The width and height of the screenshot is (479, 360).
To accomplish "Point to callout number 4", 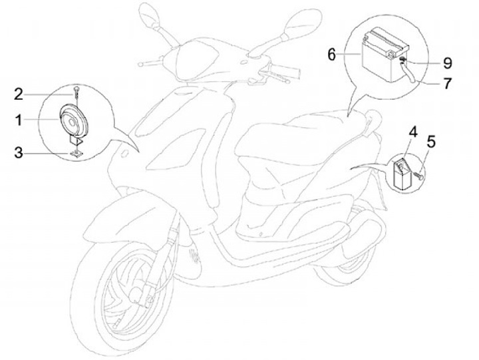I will (x=412, y=132).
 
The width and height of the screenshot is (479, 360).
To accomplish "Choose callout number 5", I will (x=431, y=141).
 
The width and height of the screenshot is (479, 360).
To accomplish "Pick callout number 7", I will (x=447, y=84).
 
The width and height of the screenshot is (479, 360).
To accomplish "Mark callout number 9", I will (x=447, y=63).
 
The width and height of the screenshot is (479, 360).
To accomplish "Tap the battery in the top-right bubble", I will (x=383, y=53).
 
